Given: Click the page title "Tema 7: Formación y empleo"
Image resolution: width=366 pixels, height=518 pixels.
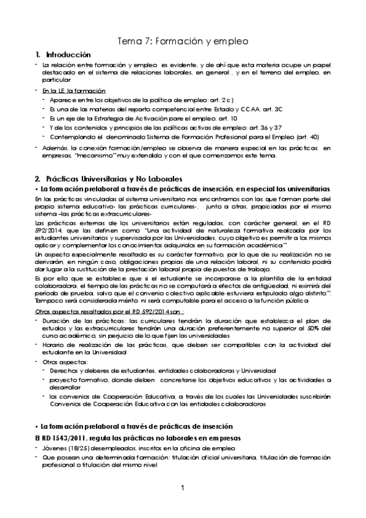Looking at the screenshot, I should point(183,42).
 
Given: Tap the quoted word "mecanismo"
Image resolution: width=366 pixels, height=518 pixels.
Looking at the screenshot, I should point(90,155).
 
